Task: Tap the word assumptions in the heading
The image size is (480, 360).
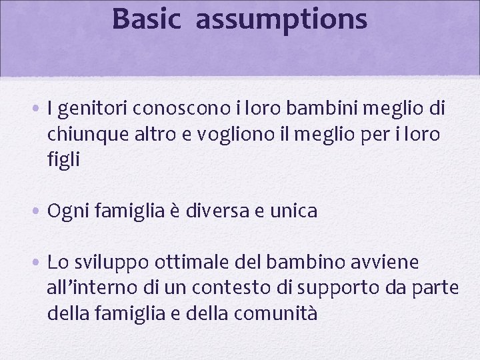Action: [281, 20]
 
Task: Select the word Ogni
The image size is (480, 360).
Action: [67, 212]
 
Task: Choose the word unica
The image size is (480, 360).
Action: [293, 211]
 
